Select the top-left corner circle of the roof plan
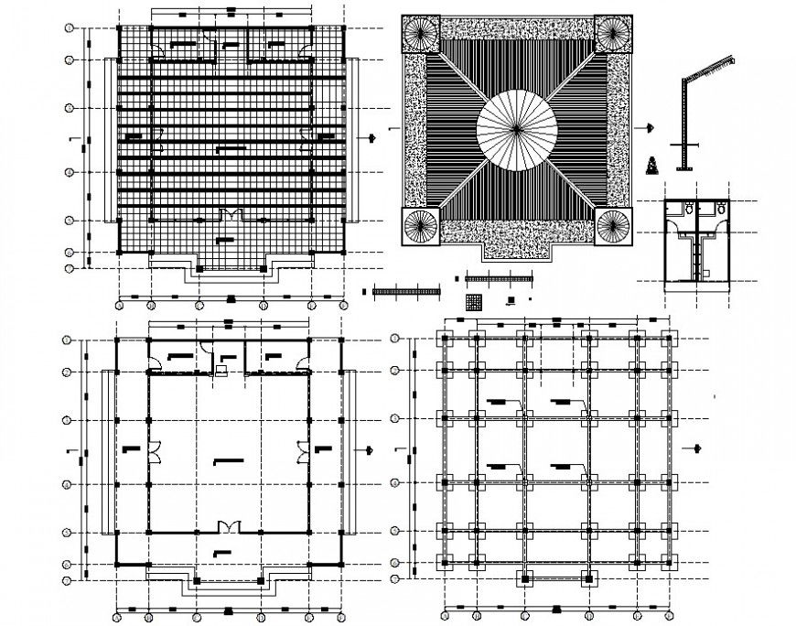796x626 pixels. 422,36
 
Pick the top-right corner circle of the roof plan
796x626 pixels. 613,36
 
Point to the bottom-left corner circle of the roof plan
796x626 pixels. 422,225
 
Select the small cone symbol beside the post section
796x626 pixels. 652,166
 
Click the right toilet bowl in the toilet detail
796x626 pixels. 721,210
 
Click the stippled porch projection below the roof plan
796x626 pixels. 516,245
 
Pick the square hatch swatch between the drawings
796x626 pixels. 474,300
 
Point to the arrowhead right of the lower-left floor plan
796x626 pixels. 370,449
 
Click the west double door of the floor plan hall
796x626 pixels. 155,448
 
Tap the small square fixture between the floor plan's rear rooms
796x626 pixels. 221,370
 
